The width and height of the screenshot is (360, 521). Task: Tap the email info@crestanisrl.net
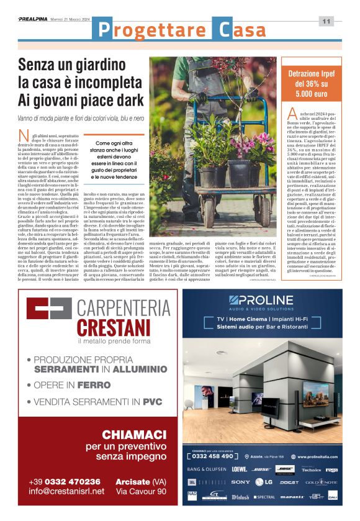coord(65,491)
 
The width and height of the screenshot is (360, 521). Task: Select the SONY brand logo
coord(241,482)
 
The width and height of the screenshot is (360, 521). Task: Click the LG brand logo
coord(264,482)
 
